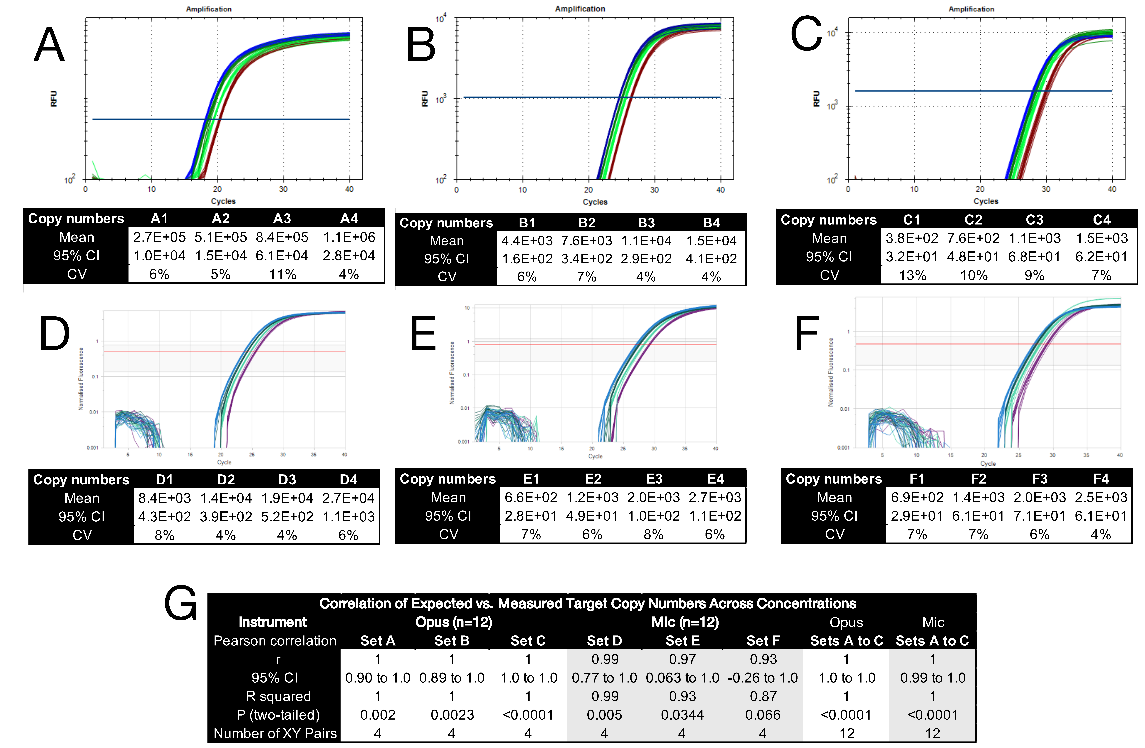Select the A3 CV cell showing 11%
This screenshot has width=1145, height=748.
282,274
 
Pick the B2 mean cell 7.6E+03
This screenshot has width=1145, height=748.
586,240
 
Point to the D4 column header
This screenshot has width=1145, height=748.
348,480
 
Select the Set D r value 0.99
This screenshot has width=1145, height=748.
604,659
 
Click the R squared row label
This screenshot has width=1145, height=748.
278,696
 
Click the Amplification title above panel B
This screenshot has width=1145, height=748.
580,9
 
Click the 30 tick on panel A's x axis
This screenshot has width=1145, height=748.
283,189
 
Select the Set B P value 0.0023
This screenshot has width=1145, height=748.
452,715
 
